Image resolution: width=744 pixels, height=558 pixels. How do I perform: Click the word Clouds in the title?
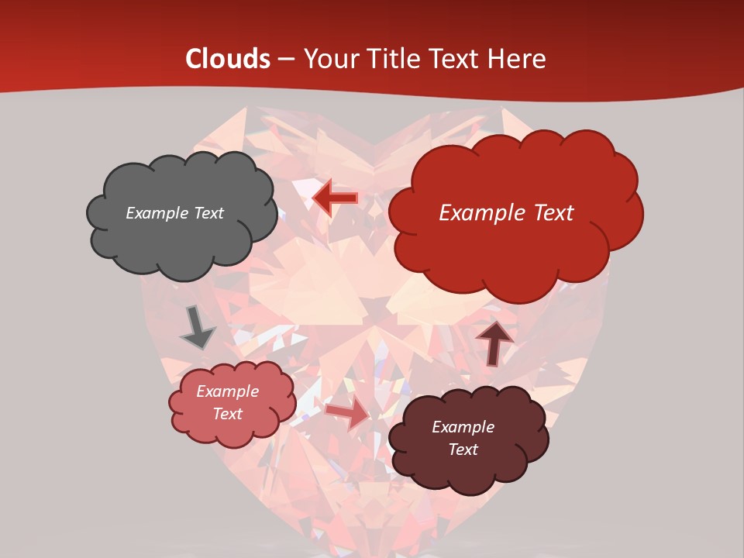click(228, 59)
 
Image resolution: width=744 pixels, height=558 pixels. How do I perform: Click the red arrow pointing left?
click(336, 198)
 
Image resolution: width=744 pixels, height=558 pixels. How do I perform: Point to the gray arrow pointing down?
click(197, 328)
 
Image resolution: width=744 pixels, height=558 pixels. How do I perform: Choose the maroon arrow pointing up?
click(494, 342)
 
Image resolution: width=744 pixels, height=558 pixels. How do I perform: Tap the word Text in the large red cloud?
click(551, 213)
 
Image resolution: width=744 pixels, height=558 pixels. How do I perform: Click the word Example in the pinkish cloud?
click(227, 391)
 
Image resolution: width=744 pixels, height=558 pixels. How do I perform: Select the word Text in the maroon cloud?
click(463, 449)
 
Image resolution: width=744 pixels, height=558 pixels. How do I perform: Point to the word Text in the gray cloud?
click(208, 213)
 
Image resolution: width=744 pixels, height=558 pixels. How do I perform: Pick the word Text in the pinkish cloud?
click(227, 414)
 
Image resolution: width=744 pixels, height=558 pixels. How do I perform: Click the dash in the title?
click(285, 59)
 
